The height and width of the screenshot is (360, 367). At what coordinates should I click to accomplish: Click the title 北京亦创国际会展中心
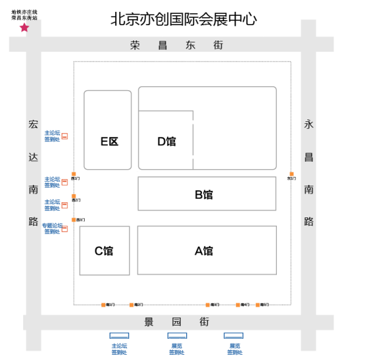pos(183,19)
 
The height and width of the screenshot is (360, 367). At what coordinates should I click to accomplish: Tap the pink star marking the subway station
pos(25,28)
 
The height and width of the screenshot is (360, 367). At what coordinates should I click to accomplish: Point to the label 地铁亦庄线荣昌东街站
pos(25,15)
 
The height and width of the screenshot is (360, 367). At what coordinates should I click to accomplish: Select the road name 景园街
pos(176,322)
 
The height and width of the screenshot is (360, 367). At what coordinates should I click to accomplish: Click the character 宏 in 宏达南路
pos(34,124)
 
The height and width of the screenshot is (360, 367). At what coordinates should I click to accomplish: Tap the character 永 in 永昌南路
pos(309,124)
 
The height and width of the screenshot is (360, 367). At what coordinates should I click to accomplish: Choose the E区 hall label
pos(109,141)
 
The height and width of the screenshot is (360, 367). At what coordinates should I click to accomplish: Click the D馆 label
pos(166,141)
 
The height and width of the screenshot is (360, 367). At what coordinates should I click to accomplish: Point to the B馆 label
pos(203,195)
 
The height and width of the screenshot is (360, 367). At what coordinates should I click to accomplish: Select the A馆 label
pos(203,251)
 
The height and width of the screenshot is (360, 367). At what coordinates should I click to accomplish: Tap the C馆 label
pos(103,251)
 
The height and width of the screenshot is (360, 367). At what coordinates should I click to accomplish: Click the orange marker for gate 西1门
pos(74,219)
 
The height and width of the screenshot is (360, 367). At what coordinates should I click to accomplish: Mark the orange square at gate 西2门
pos(74,196)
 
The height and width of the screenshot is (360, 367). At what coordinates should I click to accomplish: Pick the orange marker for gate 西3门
pos(74,174)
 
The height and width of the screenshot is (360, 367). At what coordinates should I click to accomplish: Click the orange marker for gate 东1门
pos(291,174)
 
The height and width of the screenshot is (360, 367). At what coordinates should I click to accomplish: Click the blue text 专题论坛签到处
pos(52,229)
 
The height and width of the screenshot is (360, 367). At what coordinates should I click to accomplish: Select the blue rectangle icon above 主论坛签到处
pos(119,335)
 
